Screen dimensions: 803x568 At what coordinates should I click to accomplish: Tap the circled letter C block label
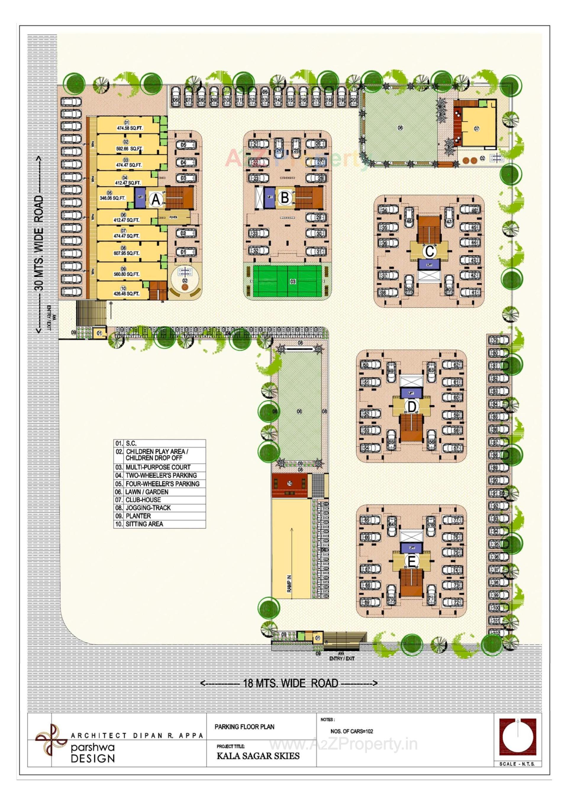pyautogui.click(x=429, y=251)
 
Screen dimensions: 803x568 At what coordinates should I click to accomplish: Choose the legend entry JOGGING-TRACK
pyautogui.click(x=148, y=508)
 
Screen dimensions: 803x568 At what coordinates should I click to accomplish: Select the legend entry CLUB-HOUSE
pyautogui.click(x=143, y=500)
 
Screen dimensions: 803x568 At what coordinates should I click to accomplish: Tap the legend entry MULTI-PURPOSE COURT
pyautogui.click(x=158, y=467)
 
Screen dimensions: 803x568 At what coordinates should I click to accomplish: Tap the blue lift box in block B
pyautogui.click(x=270, y=197)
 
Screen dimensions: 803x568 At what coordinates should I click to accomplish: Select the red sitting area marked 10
pyautogui.click(x=290, y=483)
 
